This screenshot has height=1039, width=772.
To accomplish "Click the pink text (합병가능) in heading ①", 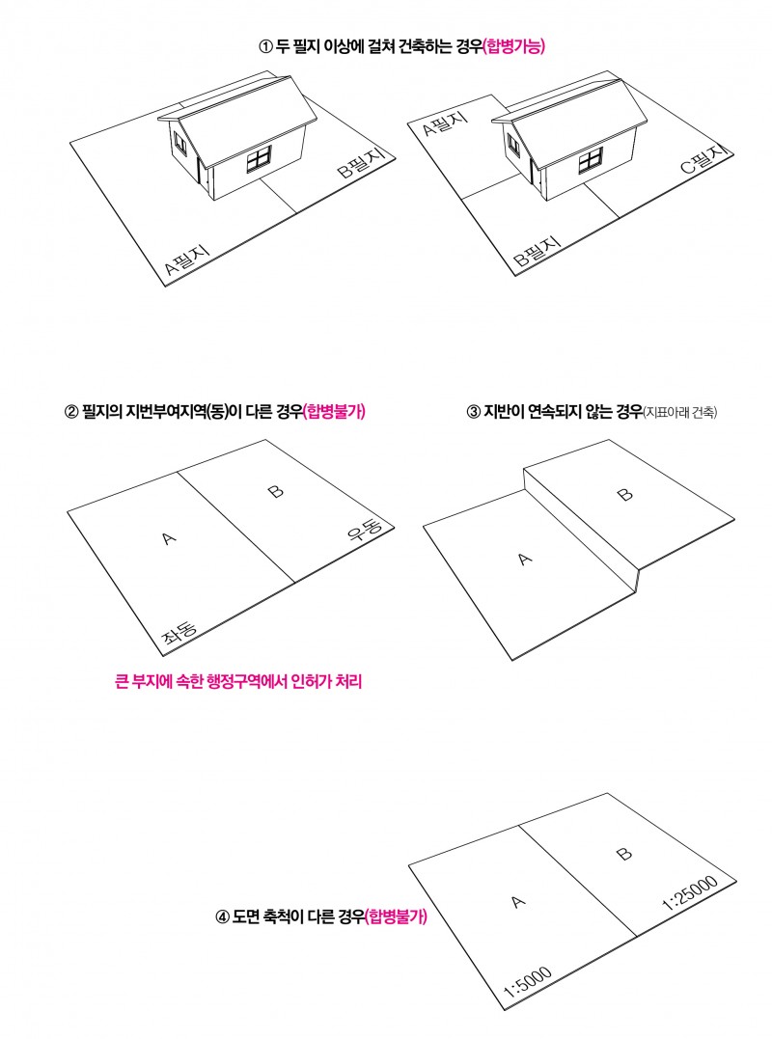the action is tap(513, 46).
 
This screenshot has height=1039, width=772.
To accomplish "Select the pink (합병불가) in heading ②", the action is tap(334, 412).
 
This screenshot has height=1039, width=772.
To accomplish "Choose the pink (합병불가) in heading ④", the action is tap(396, 917).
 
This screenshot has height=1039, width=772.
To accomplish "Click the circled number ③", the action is tap(473, 412).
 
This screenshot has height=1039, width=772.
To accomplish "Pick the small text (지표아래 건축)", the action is tap(680, 412).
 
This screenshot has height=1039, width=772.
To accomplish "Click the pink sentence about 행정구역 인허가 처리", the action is tap(238, 682).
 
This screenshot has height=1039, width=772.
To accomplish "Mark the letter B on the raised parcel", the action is tap(624, 494).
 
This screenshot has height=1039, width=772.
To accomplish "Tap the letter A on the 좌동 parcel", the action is tap(169, 538).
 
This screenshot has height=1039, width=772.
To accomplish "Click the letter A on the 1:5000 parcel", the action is tap(518, 901).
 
